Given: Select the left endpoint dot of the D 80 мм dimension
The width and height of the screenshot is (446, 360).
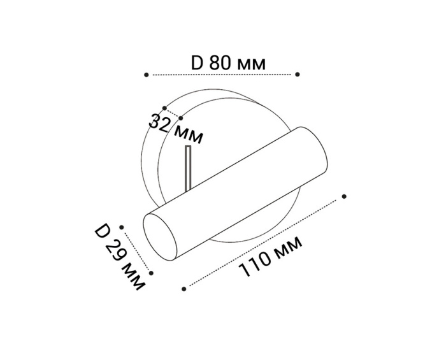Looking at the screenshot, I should tap(147, 75).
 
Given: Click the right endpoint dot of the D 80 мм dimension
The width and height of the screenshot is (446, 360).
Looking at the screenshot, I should tap(297, 74).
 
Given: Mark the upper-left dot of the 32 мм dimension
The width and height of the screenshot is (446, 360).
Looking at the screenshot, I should tap(164, 108).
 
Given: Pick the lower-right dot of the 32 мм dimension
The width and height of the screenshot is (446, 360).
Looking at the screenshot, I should tap(181, 117).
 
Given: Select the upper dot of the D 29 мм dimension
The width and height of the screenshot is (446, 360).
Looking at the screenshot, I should tap(120, 226).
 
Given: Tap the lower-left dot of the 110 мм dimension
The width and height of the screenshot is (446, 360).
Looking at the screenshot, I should tap(184, 289).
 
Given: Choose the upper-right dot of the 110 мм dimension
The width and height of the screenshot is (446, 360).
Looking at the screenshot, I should tap(344, 196).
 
